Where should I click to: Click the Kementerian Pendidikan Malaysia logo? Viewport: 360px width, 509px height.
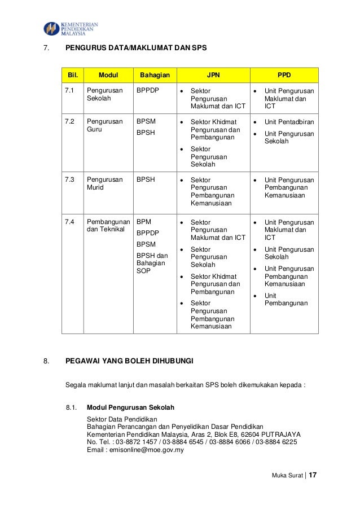(x=71, y=28)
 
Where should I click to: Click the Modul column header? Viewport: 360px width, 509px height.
(x=108, y=74)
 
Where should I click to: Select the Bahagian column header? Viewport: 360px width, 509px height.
(x=154, y=74)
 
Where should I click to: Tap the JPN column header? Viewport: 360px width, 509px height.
(x=213, y=74)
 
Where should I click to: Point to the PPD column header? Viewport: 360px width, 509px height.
(x=284, y=74)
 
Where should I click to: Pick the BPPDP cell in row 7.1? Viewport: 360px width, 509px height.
(x=147, y=90)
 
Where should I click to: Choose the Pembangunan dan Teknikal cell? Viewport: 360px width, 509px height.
(x=108, y=226)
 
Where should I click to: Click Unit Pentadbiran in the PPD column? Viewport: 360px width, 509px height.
(x=289, y=121)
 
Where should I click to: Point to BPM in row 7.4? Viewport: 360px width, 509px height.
(x=144, y=222)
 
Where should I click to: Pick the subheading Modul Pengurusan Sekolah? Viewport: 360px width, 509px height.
(x=130, y=407)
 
